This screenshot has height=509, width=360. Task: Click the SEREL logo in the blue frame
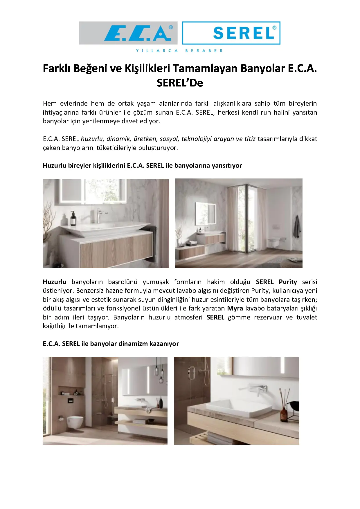coord(244,33)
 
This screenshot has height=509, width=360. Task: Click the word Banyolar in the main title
coord(263,68)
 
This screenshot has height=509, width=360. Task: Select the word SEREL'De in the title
coord(180,83)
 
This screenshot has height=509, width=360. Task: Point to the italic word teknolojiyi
coord(197,139)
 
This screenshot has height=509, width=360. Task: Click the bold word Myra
coord(235,308)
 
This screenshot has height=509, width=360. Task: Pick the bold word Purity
coord(288,282)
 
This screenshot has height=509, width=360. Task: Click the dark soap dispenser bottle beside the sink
coord(73,219)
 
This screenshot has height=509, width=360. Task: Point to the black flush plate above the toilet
coord(70,401)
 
